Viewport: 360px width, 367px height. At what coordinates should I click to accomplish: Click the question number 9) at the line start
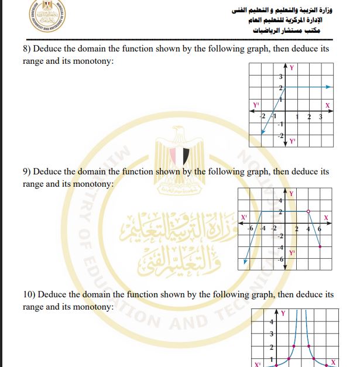coord(27,172)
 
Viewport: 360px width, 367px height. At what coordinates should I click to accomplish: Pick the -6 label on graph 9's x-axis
coord(250,228)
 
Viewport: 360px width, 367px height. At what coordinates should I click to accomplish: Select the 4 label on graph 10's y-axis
coord(271,323)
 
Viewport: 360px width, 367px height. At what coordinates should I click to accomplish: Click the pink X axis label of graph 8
coord(328,105)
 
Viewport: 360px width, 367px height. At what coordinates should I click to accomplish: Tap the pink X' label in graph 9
coord(244,218)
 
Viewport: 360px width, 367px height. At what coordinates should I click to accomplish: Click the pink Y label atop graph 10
coord(284,314)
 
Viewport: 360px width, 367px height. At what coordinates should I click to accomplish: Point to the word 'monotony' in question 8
coord(90,61)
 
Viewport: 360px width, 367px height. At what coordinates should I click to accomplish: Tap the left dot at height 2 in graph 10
coord(293,347)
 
